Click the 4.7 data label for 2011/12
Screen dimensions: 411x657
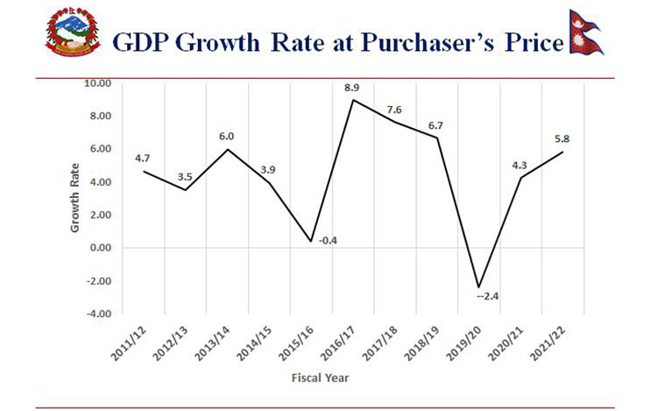pos(144,158)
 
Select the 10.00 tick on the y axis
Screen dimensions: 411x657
pos(98,84)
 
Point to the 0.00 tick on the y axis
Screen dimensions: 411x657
pos(100,248)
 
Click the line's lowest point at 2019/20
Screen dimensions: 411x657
pos(478,287)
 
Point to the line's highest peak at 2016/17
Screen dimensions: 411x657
pos(352,100)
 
